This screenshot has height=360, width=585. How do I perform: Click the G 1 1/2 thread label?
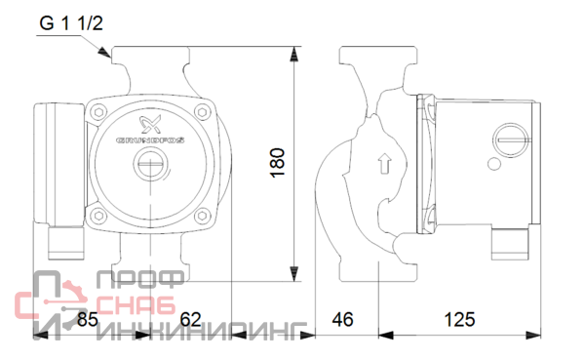[71, 23]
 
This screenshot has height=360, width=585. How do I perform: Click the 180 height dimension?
[277, 163]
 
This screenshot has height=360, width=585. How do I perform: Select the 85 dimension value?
[88, 319]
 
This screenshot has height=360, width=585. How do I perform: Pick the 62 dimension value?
[190, 319]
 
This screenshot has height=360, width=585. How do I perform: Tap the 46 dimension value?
[342, 319]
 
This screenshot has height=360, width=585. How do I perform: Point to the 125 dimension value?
[459, 319]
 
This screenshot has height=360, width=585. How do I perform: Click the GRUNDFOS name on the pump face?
[150, 140]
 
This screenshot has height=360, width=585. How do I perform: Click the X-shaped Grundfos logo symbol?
[150, 124]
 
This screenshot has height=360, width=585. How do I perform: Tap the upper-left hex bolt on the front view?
[98, 111]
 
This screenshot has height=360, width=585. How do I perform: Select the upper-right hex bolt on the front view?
[202, 111]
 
